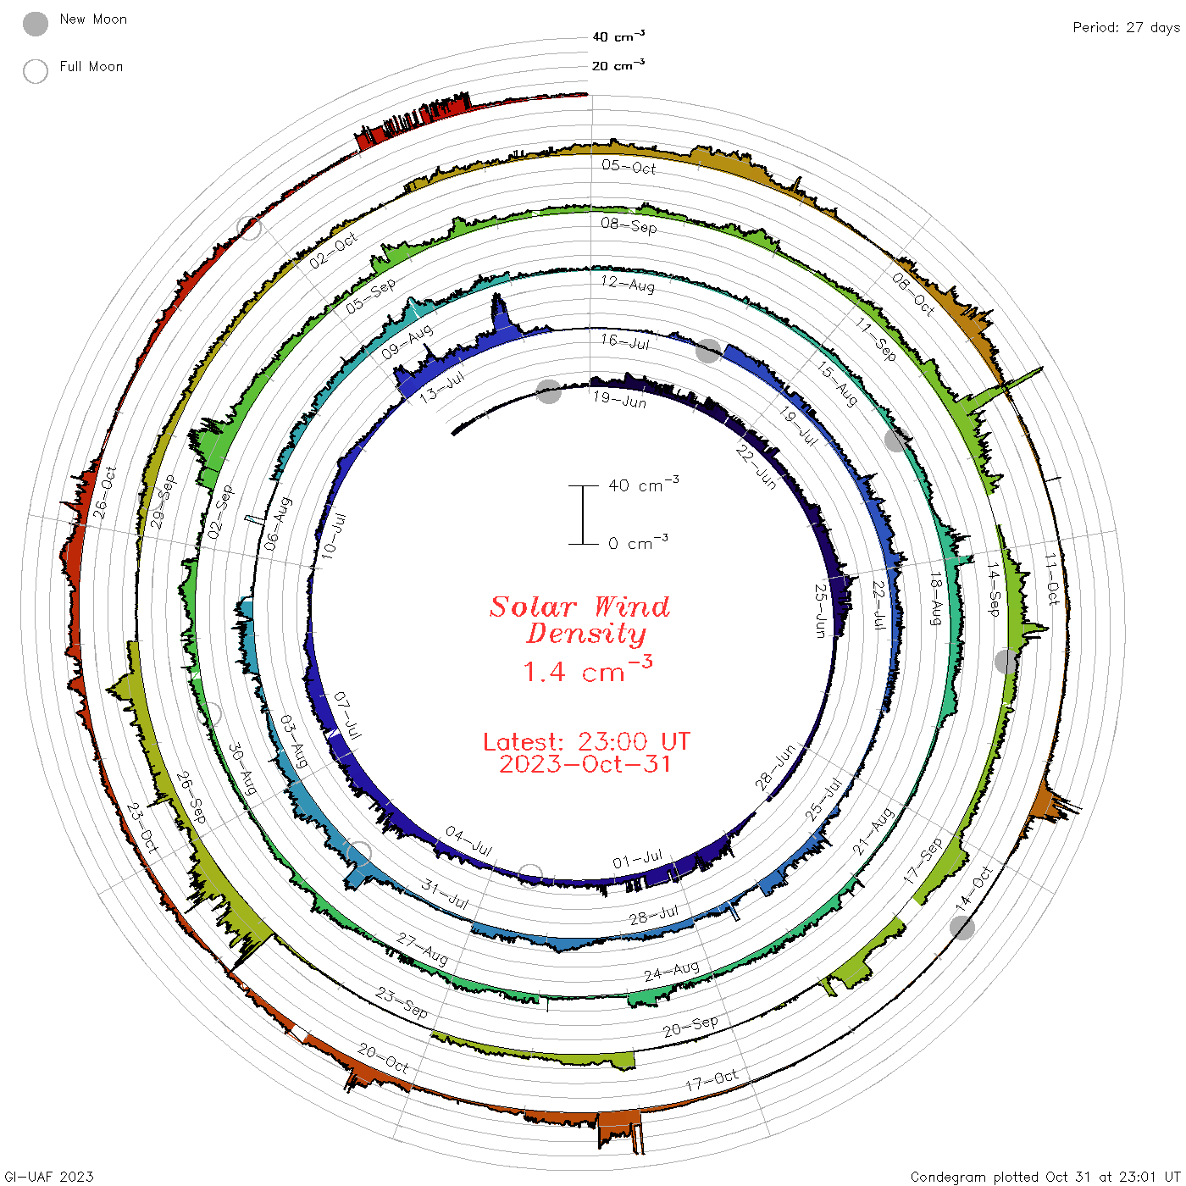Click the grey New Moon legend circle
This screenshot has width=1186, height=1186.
point(35,24)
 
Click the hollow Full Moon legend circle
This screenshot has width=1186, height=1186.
point(35,71)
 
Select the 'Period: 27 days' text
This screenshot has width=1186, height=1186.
point(1126,28)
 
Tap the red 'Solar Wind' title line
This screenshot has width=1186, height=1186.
point(579,607)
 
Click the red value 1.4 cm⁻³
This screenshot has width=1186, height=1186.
point(587,669)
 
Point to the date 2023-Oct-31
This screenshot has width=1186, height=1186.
point(585,764)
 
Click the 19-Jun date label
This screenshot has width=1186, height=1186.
point(619,400)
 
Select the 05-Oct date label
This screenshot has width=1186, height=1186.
point(629,167)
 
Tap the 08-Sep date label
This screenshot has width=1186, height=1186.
point(629,225)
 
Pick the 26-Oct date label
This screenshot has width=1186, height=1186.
point(105,491)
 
